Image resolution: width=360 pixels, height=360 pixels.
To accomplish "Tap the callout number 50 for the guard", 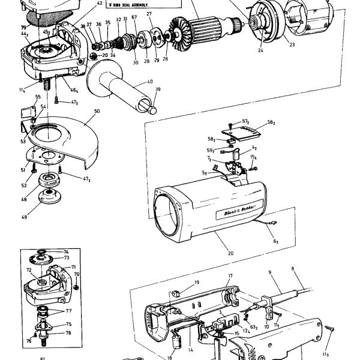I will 97,112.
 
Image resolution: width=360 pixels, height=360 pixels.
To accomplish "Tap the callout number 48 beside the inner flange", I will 24,200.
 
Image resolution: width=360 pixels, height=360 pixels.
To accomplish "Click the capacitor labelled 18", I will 270,273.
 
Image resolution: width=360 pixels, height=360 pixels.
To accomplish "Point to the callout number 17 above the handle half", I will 229,276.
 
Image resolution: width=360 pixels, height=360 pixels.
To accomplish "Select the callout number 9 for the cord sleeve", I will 270,273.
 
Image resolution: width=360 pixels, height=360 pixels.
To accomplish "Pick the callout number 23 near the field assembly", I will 291,44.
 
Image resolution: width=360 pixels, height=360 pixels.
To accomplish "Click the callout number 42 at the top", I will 100,3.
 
